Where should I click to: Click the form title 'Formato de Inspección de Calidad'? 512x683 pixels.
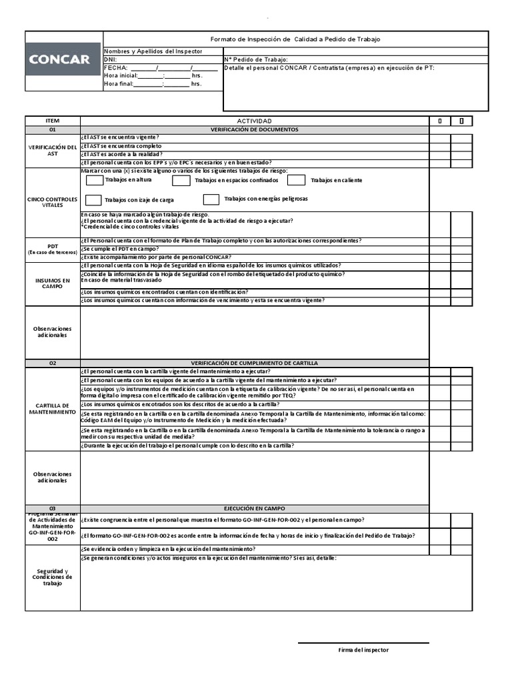tap(295, 39)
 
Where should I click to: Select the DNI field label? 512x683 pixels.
tap(110, 59)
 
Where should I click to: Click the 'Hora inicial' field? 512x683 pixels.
tap(153, 75)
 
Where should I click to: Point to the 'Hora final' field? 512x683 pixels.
tap(153, 84)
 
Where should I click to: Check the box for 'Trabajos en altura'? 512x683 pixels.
tap(95, 180)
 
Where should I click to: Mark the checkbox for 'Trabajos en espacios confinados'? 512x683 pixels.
tap(180, 180)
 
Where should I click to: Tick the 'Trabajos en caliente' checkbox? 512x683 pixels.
tap(296, 180)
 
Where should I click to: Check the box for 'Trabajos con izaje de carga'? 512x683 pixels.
tap(94, 199)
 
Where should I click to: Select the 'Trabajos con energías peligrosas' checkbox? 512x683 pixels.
tap(211, 199)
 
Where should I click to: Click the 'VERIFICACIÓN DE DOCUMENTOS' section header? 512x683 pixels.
tap(254, 129)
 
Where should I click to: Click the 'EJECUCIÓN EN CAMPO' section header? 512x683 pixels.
tap(254, 508)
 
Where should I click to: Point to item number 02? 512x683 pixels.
tap(53, 364)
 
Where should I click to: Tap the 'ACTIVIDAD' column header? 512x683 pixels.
tap(254, 121)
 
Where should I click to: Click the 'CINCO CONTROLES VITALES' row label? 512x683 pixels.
tap(53, 202)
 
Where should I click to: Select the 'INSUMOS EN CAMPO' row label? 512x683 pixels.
tap(53, 283)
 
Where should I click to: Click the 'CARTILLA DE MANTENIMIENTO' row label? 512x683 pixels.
tap(53, 408)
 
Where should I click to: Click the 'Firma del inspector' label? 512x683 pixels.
tap(363, 650)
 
